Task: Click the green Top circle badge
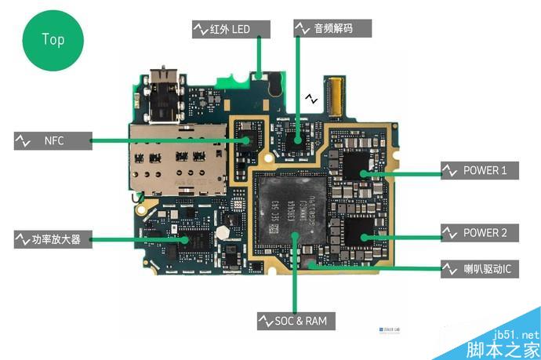[53, 38]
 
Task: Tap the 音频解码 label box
[332, 29]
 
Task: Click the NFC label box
[52, 141]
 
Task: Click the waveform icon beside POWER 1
[450, 170]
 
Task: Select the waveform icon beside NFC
[22, 141]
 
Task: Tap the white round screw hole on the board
[224, 233]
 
